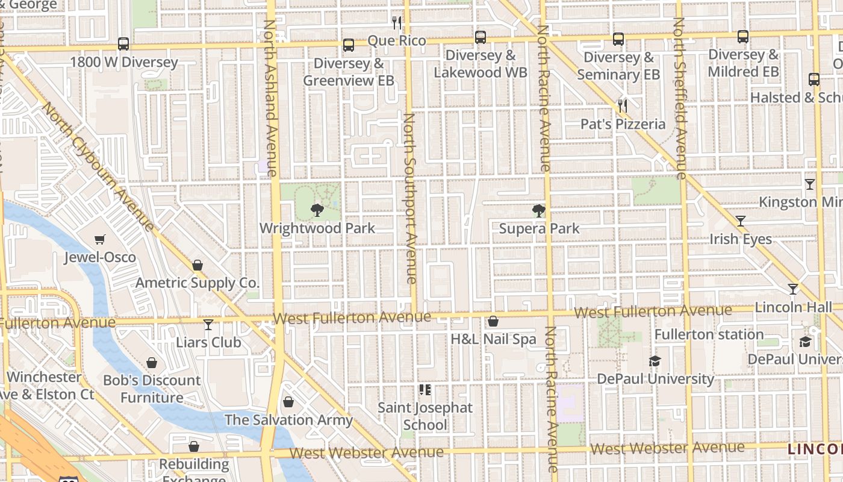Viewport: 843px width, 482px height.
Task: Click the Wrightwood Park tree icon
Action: coord(317,210)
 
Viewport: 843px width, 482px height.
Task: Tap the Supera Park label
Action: coord(539,228)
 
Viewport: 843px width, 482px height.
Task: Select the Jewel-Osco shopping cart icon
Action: coord(100,240)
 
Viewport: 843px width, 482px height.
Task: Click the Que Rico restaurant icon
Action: coord(397,23)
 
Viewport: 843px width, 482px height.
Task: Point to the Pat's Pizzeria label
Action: coord(623,124)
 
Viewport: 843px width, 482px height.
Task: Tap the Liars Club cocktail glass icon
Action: coord(208,325)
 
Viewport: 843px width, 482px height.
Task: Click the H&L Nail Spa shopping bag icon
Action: coord(493,321)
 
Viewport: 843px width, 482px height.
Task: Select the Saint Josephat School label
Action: coord(425,416)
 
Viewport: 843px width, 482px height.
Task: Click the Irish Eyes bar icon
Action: coord(741,221)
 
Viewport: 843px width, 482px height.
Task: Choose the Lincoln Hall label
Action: coord(793,307)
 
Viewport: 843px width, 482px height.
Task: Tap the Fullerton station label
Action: coord(709,334)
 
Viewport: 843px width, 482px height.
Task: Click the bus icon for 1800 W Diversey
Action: coord(123,44)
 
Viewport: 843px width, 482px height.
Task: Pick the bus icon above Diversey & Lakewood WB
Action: coord(481,37)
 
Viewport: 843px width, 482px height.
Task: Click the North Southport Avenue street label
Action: coord(410,199)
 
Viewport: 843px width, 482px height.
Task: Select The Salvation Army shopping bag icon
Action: coord(288,402)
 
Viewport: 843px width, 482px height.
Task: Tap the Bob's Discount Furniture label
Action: coord(152,389)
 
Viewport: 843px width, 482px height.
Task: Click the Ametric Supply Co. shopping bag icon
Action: coord(197,265)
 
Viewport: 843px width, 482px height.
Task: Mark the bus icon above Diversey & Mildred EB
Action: coord(743,37)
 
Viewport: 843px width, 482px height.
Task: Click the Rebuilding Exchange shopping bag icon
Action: coord(193,446)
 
